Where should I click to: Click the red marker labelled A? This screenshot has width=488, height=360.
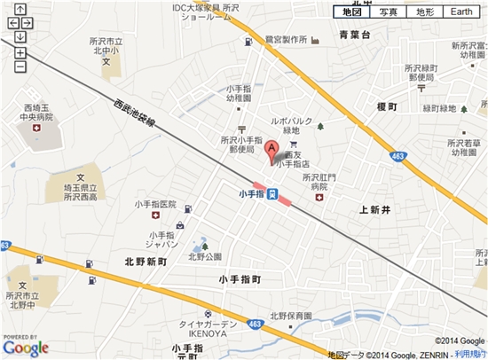(272, 148)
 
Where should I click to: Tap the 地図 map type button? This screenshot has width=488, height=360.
(351, 12)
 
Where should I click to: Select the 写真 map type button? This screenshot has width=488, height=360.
(388, 12)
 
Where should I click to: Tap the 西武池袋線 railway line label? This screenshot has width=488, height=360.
(134, 116)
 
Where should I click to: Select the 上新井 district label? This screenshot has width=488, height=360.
(375, 209)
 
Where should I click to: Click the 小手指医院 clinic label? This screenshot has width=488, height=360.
(155, 204)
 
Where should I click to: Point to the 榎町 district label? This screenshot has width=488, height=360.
(387, 106)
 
